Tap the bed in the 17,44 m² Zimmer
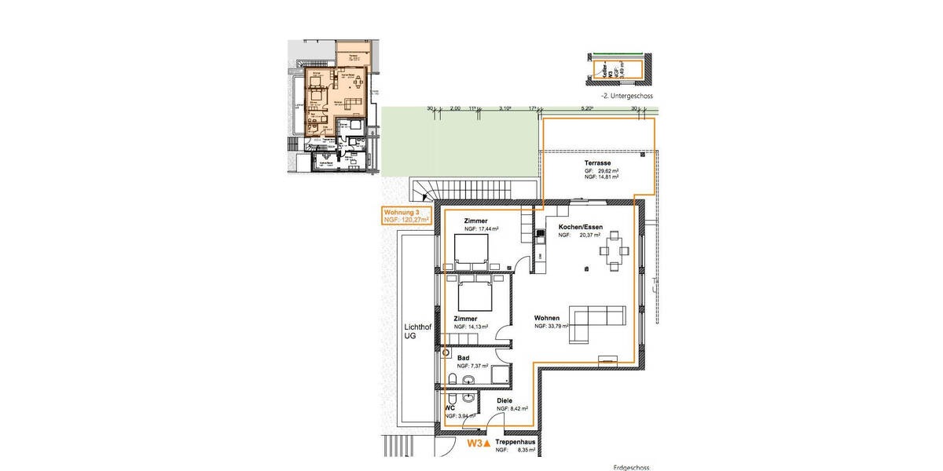coord(472,251)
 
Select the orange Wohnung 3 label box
coord(406,217)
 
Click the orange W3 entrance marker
coord(479,444)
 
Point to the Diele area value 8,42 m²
coord(517,409)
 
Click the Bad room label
coord(464,357)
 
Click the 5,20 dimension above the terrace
coord(585,108)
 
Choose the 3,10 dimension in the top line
coord(507,108)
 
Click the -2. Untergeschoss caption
coord(626,96)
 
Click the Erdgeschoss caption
coord(631,467)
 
